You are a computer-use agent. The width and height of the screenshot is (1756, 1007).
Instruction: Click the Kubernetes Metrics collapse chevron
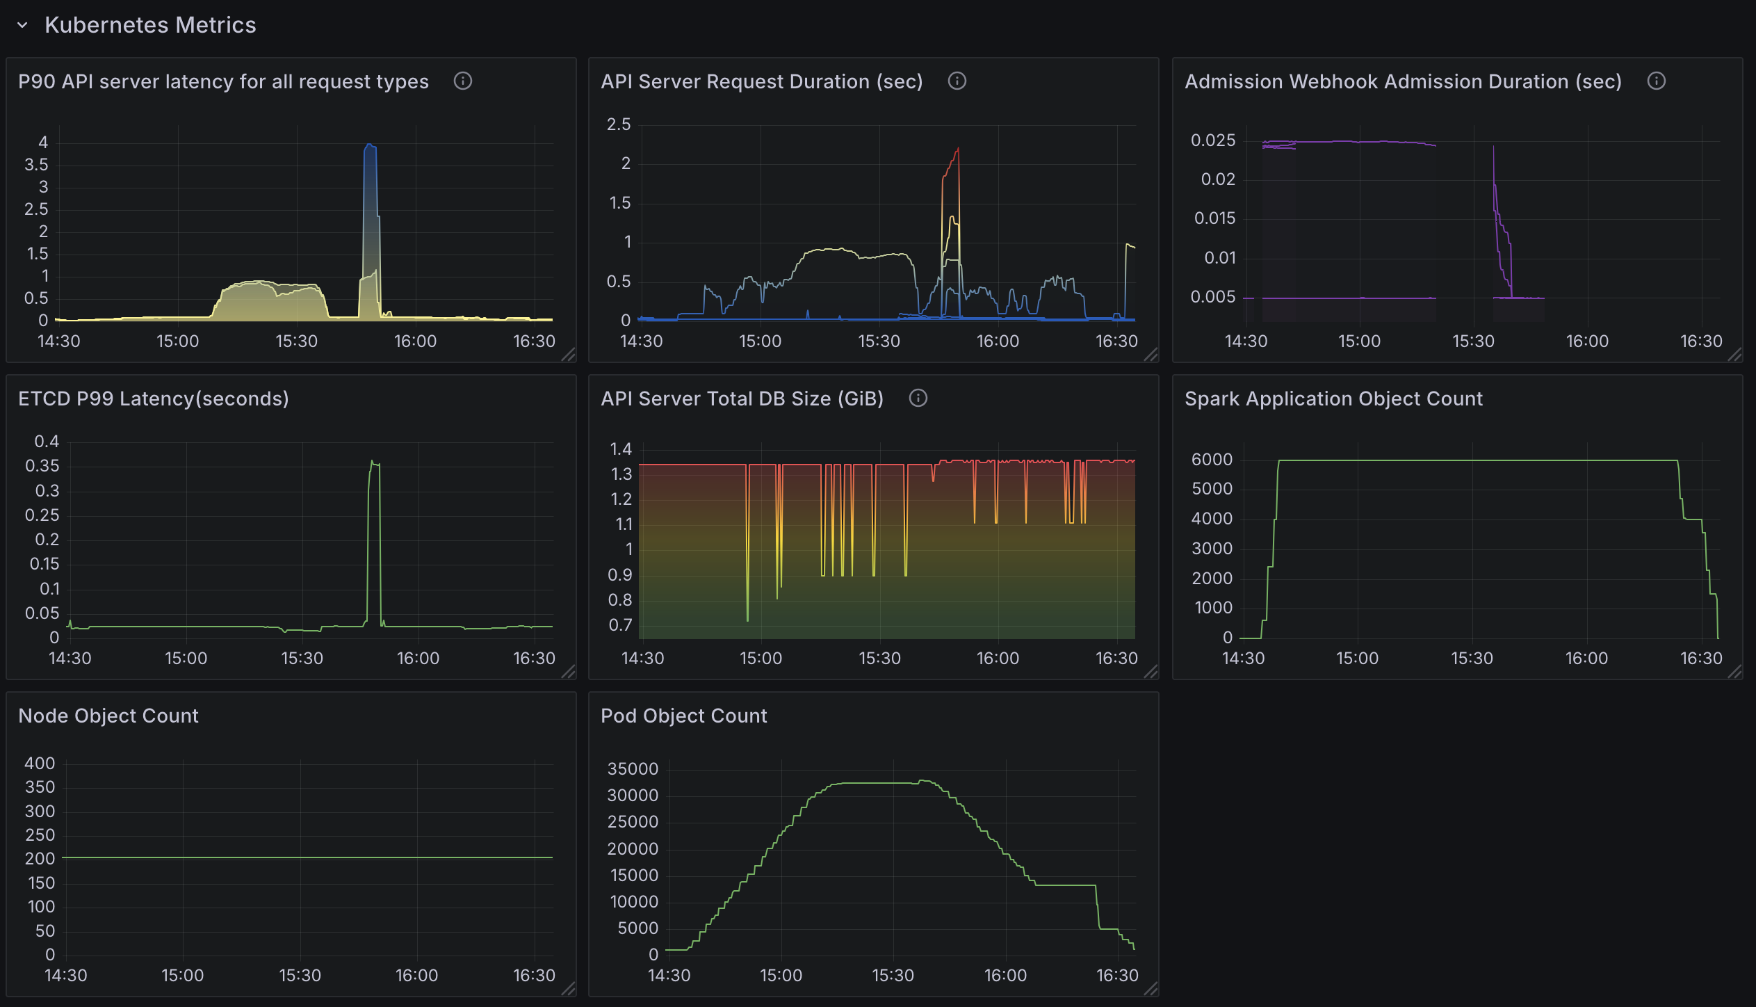point(22,26)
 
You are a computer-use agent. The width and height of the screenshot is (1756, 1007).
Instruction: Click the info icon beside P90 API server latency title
point(463,81)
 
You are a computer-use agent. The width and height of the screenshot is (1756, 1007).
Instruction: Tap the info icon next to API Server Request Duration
point(957,81)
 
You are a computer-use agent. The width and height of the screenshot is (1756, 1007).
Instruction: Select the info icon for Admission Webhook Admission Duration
point(1657,81)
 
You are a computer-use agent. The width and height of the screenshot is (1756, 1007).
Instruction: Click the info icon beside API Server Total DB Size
point(918,398)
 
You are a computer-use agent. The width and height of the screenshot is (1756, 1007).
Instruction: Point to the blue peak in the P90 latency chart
point(370,145)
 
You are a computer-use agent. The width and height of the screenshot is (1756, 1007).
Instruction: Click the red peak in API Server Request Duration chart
point(958,148)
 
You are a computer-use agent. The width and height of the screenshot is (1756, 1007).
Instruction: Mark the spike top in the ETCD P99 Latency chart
point(373,461)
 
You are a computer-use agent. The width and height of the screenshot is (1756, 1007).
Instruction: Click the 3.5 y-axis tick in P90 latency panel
point(36,165)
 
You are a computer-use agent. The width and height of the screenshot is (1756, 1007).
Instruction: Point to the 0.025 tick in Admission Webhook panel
point(1213,140)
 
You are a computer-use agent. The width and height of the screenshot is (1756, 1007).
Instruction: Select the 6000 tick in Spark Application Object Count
point(1212,460)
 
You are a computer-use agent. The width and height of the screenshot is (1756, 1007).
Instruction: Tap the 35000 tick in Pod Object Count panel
point(633,769)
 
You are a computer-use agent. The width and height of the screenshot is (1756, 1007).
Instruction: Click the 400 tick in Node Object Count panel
point(40,764)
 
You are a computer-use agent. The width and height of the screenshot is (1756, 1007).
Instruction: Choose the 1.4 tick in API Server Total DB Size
point(621,449)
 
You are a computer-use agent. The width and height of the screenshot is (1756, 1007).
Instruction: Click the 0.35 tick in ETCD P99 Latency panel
point(42,466)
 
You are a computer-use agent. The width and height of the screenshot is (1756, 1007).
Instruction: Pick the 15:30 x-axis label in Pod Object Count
point(893,976)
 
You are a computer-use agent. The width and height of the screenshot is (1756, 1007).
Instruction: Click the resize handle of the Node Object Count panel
point(568,989)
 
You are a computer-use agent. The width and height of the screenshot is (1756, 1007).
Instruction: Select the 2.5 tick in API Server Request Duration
point(619,124)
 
